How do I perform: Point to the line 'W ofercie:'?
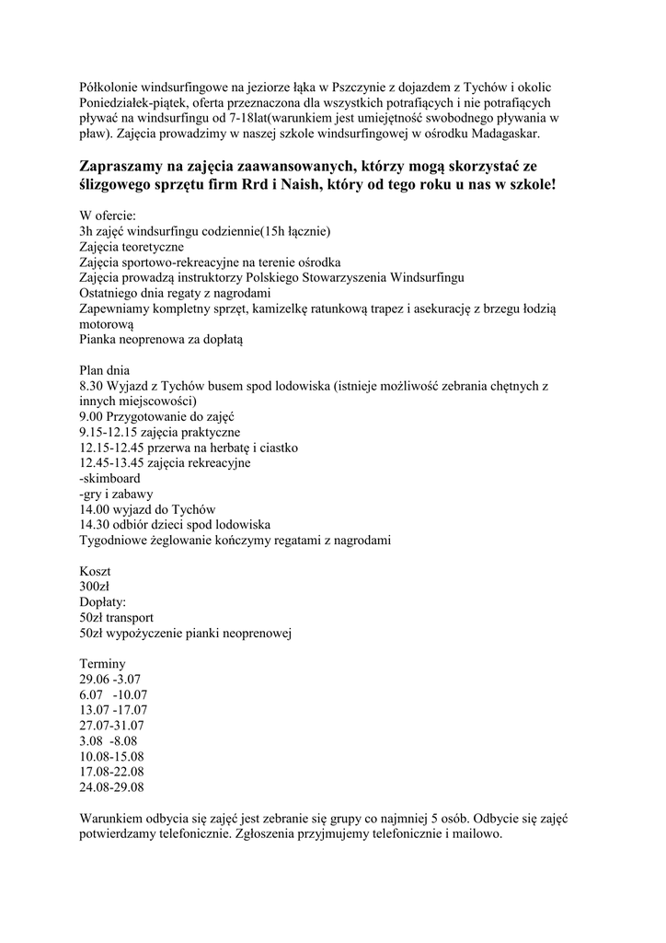tap(108, 215)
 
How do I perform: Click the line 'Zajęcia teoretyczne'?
tap(132, 247)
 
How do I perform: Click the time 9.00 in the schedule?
tap(92, 416)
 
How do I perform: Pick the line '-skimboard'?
tap(110, 479)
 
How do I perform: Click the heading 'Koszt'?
tap(95, 572)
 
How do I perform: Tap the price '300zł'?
tap(95, 587)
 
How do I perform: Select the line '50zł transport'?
tap(117, 618)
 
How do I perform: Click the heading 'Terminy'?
tap(103, 664)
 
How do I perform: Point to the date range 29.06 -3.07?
tap(110, 680)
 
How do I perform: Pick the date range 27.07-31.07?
tap(112, 726)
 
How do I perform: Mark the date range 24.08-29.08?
tap(112, 788)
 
